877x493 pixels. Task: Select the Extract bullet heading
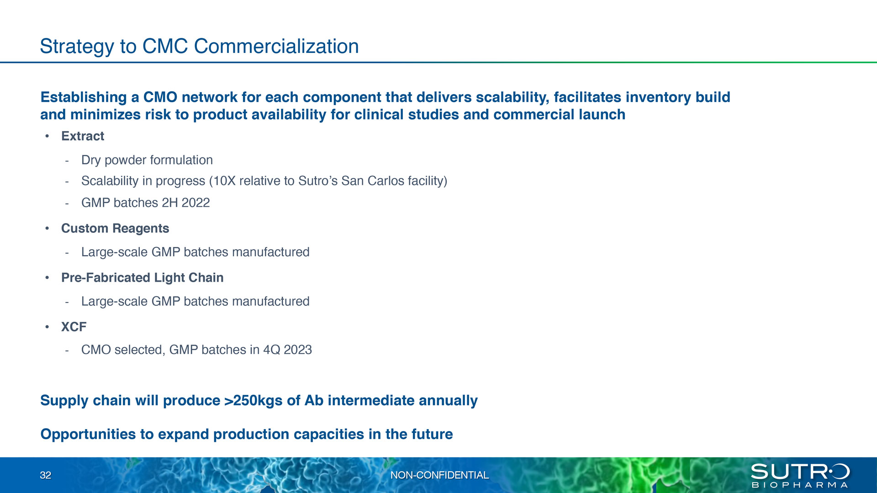[x=83, y=136]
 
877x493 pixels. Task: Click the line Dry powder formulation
[x=147, y=160]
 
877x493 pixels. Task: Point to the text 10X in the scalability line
[x=224, y=181]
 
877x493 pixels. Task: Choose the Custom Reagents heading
[x=115, y=228]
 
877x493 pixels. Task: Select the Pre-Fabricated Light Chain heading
[x=143, y=278]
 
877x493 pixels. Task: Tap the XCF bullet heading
[x=74, y=327]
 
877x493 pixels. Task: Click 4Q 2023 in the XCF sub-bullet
[x=288, y=350]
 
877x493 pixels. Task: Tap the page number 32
[x=46, y=475]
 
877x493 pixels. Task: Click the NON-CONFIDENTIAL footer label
[x=439, y=475]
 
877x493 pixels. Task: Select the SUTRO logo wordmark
[x=800, y=472]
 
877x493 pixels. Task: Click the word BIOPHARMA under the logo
[x=800, y=485]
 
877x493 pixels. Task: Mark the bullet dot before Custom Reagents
[x=47, y=228]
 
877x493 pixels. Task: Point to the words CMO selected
[x=123, y=350]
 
